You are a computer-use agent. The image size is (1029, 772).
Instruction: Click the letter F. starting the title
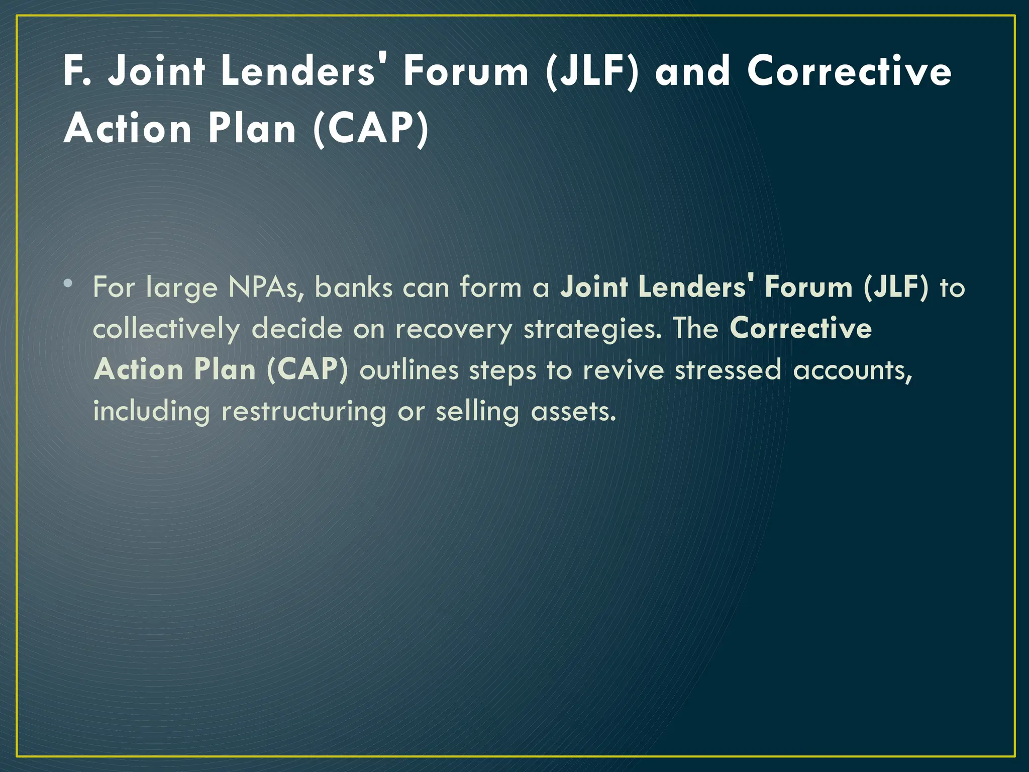point(77,71)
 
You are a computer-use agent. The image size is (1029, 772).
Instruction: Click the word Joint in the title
point(157,71)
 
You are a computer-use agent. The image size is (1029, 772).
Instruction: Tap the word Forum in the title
point(466,71)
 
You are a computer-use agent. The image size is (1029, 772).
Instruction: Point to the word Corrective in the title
point(849,71)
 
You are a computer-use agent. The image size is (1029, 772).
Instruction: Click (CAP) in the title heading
point(371,129)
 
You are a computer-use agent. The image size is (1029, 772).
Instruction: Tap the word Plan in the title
point(252,129)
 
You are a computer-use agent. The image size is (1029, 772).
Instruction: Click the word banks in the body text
point(353,288)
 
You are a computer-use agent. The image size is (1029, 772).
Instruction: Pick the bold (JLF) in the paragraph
point(896,288)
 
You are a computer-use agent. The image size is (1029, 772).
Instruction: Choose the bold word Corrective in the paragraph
point(800,329)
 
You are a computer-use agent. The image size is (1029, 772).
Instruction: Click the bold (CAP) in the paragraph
point(307,370)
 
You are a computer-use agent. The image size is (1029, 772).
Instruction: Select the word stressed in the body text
point(728,370)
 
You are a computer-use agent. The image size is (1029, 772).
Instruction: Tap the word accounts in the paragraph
point(852,370)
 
